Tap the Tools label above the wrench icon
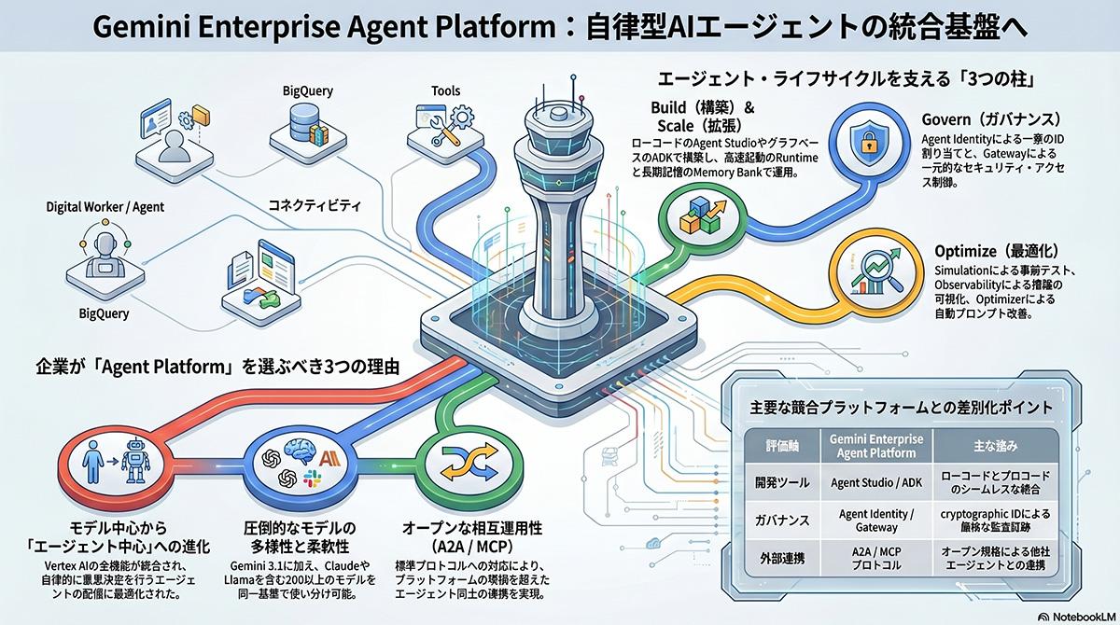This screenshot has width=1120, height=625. pyautogui.click(x=445, y=91)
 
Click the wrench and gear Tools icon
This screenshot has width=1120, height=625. pyautogui.click(x=444, y=125)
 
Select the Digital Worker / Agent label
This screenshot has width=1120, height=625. pyautogui.click(x=105, y=206)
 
